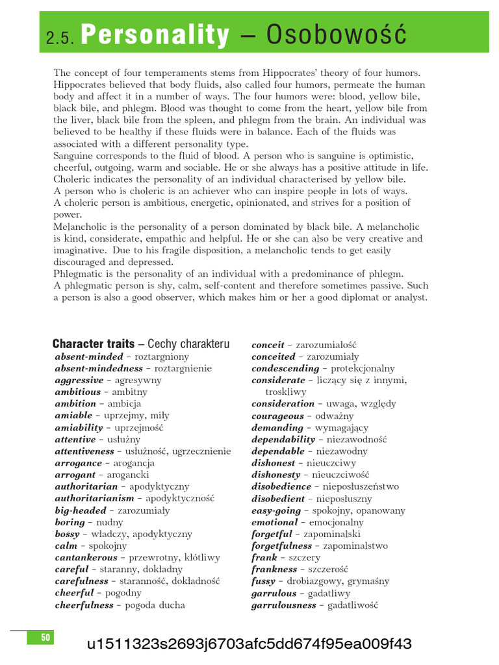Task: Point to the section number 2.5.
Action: pos(61,39)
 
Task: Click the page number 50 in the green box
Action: pos(45,638)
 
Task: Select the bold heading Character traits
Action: pos(94,344)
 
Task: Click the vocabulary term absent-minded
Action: pos(89,357)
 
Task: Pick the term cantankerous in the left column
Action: pos(86,557)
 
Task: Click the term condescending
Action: pos(285,368)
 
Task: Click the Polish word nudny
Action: pos(110,522)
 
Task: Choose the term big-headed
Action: pos(80,510)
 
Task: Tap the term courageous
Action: pos(277,416)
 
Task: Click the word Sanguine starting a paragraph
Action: pos(75,155)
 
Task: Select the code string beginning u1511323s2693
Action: pos(249,644)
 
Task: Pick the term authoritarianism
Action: pos(94,498)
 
